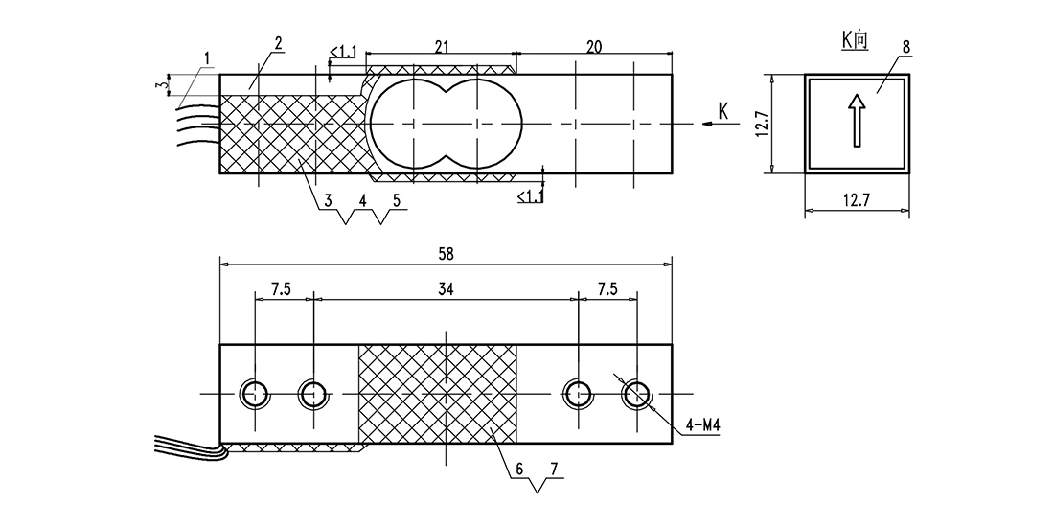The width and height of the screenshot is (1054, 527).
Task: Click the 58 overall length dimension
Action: point(446,254)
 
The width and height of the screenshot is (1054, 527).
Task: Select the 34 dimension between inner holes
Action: point(446,289)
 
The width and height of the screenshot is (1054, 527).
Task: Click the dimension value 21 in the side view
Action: point(442,46)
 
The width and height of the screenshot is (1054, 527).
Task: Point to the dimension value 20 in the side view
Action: point(594,46)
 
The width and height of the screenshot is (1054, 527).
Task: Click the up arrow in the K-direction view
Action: point(857,120)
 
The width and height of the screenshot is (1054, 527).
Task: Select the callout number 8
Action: point(906,47)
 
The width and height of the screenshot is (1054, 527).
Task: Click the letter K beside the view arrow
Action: point(723,111)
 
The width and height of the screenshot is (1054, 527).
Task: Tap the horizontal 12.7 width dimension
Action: point(857,199)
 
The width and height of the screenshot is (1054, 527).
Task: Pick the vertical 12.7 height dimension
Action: point(761,124)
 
